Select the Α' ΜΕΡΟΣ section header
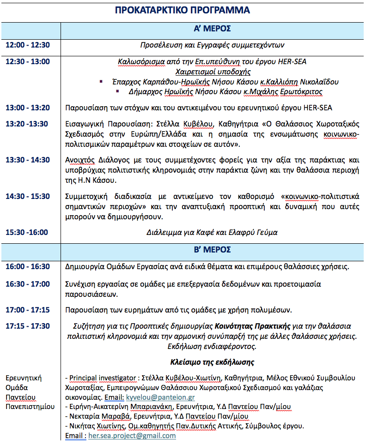(212, 29)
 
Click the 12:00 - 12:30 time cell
(28, 45)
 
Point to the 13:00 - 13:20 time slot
(28, 108)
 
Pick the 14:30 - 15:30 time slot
(28, 196)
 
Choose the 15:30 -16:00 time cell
(27, 232)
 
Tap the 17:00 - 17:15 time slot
(28, 309)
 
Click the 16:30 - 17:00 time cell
(28, 284)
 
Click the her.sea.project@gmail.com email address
(132, 435)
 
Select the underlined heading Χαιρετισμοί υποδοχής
(213, 72)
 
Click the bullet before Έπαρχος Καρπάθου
(101, 82)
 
